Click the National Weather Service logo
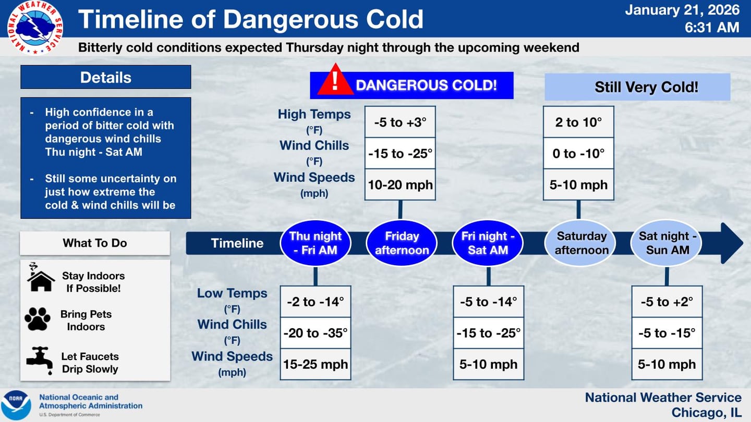pyautogui.click(x=35, y=28)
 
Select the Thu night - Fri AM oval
pyautogui.click(x=315, y=243)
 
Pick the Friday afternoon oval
pyautogui.click(x=401, y=243)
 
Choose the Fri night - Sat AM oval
pyautogui.click(x=488, y=243)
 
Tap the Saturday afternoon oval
pyautogui.click(x=581, y=243)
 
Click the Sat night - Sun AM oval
pyautogui.click(x=667, y=243)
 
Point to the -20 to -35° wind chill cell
pyautogui.click(x=316, y=333)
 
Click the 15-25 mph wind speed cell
pyautogui.click(x=316, y=364)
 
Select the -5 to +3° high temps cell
pyautogui.click(x=400, y=122)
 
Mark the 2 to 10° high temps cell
pyautogui.click(x=578, y=122)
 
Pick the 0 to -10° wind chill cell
pyautogui.click(x=578, y=154)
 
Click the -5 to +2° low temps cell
pyautogui.click(x=667, y=302)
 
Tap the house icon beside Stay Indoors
pyautogui.click(x=40, y=278)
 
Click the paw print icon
pyautogui.click(x=38, y=319)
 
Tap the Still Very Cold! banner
pyautogui.click(x=637, y=87)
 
